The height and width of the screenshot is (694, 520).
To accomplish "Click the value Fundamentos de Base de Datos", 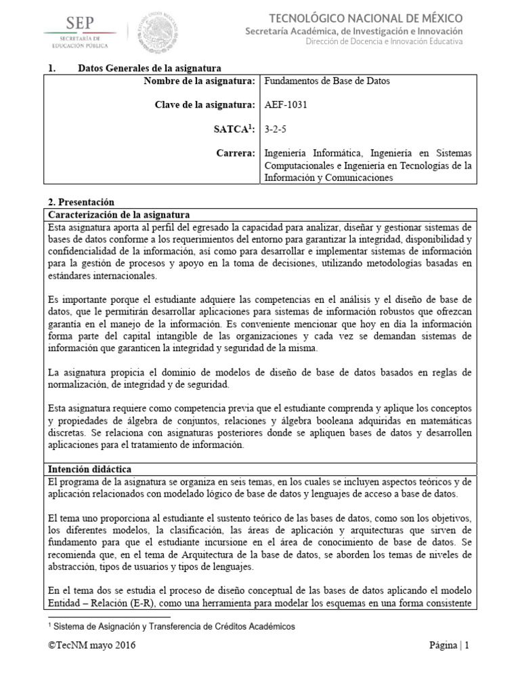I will click(326, 81).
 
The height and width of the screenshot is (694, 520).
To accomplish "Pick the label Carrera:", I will click(237, 152).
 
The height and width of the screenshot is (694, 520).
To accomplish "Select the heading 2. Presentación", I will click(81, 202).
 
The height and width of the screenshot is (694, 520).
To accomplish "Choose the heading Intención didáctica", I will click(89, 469).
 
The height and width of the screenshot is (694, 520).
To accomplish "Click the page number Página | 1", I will click(449, 646).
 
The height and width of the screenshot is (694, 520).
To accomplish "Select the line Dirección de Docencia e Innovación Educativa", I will click(385, 42).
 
